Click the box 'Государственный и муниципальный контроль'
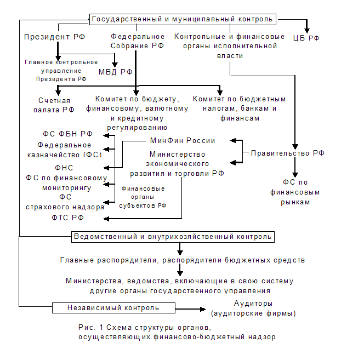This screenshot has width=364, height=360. pos(182,19)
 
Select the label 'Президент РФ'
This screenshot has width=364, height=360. pos(54,37)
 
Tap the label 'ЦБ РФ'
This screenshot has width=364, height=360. pos(307,38)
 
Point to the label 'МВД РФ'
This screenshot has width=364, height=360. pos(116,72)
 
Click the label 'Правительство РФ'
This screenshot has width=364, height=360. pos(288,153)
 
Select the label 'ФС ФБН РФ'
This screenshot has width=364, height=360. pos(68,134)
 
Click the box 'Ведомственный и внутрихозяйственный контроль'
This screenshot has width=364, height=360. pos(173,237)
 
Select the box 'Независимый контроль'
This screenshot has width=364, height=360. pos(113,308)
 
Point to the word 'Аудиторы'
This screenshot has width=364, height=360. pos(253,304)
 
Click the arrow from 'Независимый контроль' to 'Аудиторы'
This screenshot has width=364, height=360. pos(192,308)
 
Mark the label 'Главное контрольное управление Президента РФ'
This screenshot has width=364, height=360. pos(61,71)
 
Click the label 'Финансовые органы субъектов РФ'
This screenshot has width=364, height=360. pos(143,197)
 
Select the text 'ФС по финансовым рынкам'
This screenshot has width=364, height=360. pos(295,192)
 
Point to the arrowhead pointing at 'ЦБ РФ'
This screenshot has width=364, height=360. pos(307,29)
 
